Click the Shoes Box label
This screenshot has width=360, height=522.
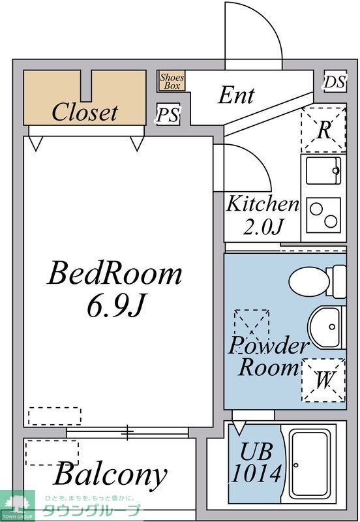[172, 81]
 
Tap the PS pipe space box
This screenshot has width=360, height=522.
[168, 115]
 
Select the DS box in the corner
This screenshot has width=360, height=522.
[334, 82]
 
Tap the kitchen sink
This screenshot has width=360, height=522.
[322, 171]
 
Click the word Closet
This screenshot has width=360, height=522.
[85, 112]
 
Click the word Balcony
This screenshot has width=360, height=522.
[110, 474]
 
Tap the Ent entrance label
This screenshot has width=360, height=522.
[236, 95]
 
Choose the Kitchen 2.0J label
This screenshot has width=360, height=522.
[262, 215]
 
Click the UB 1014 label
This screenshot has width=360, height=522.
[255, 463]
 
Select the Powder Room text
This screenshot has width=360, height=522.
[267, 356]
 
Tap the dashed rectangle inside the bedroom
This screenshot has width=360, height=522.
[55, 416]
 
